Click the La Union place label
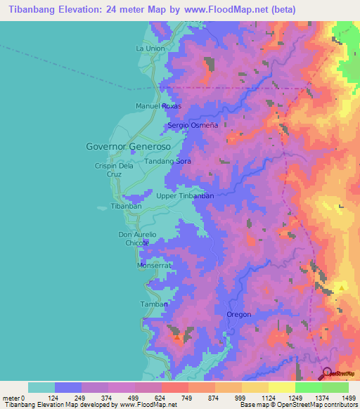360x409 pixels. tap(150, 48)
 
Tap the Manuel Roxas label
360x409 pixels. tap(158, 106)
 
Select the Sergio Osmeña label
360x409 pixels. tap(193, 125)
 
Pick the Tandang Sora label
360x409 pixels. tap(167, 162)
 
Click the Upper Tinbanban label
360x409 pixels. tap(185, 196)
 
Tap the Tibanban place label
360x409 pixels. tap(127, 207)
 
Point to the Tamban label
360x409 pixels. tap(154, 304)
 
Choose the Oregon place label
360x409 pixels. tap(239, 314)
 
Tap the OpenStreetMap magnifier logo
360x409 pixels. tap(328, 374)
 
